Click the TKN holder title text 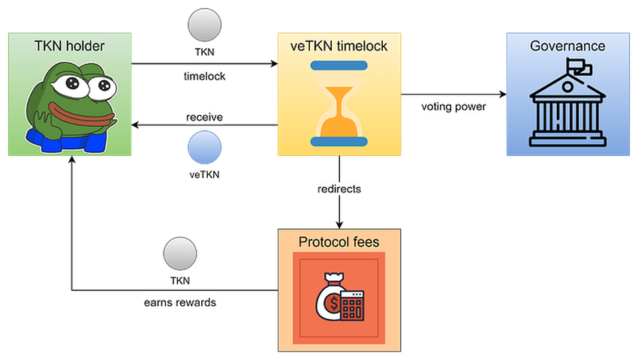click(70, 46)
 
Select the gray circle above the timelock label click(204, 25)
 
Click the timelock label click(204, 76)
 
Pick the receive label click(204, 118)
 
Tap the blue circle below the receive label click(204, 147)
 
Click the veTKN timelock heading click(339, 46)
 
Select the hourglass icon click(339, 103)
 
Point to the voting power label click(453, 107)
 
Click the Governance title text click(567, 46)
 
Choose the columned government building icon click(567, 109)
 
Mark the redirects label click(339, 190)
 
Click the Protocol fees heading click(339, 241)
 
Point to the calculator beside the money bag click(351, 306)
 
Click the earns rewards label click(179, 303)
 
